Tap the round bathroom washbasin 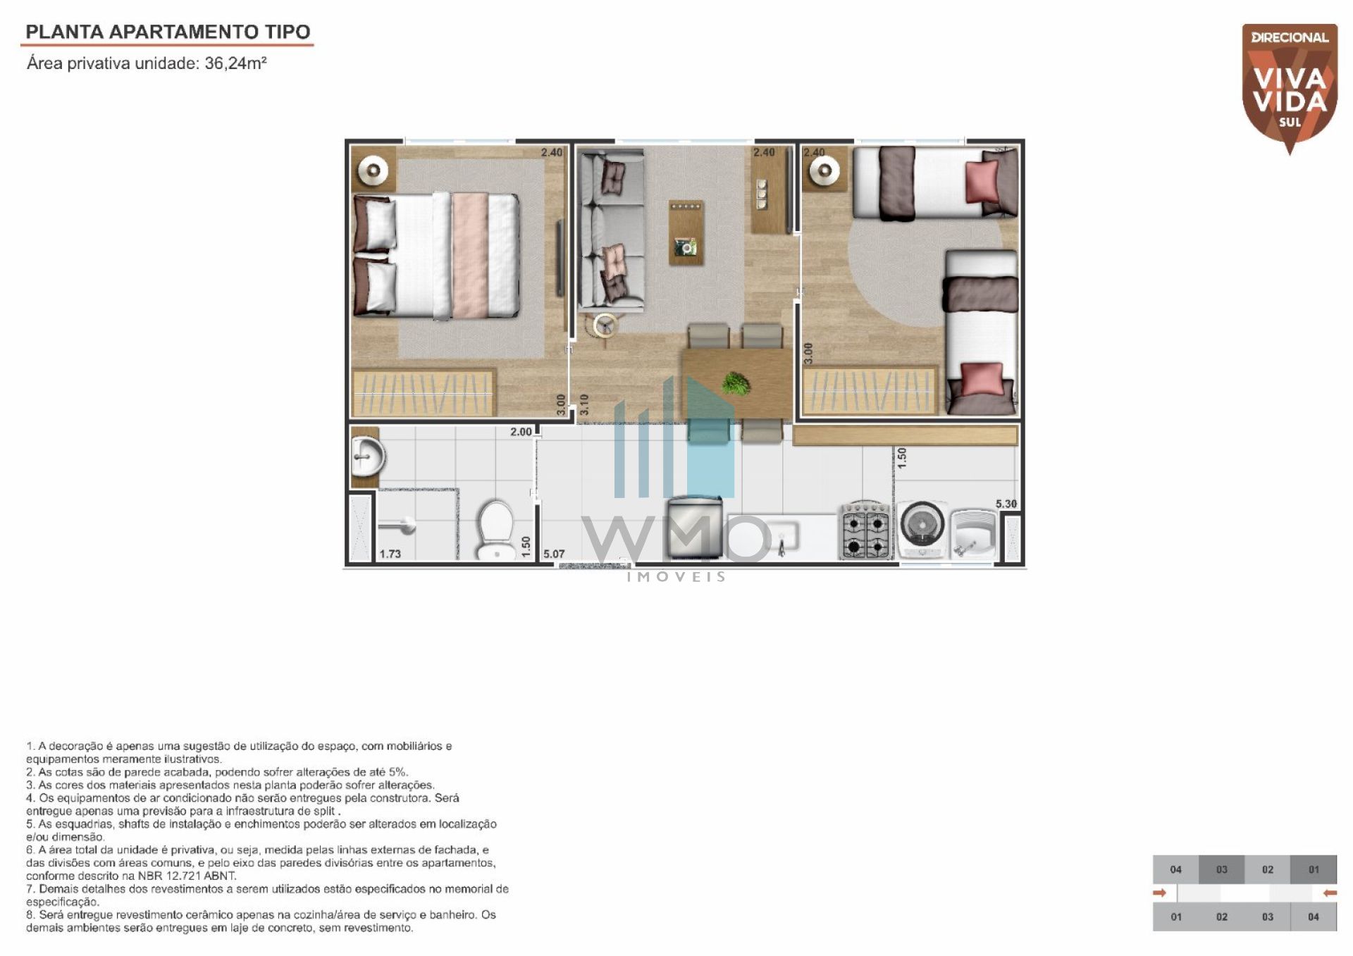pyautogui.click(x=368, y=457)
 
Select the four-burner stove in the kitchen pyautogui.click(x=866, y=531)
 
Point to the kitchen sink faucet pyautogui.click(x=781, y=546)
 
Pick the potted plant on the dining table pyautogui.click(x=736, y=383)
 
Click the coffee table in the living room pyautogui.click(x=686, y=232)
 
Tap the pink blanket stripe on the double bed pyautogui.click(x=470, y=255)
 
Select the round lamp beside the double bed pyautogui.click(x=373, y=170)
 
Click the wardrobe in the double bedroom pyautogui.click(x=424, y=391)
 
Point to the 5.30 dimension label pyautogui.click(x=1006, y=504)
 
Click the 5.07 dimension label pyautogui.click(x=554, y=554)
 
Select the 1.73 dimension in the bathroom pyautogui.click(x=390, y=554)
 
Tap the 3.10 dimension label pyautogui.click(x=584, y=404)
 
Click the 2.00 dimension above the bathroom pyautogui.click(x=521, y=432)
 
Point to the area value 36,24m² pyautogui.click(x=235, y=63)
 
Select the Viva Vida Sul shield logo pyautogui.click(x=1290, y=89)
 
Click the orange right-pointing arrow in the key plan pyautogui.click(x=1160, y=893)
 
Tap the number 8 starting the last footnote pyautogui.click(x=30, y=915)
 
